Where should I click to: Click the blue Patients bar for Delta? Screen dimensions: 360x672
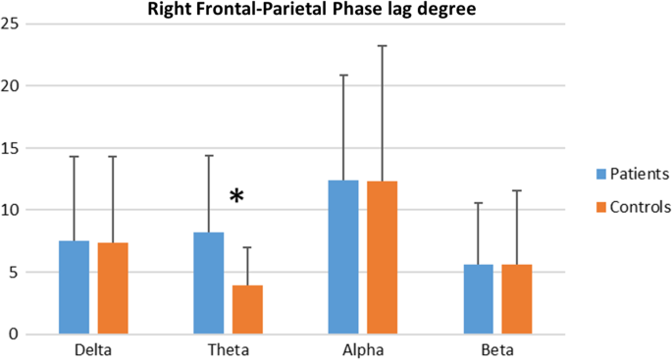(x=74, y=287)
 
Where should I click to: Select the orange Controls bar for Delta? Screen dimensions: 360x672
(x=113, y=288)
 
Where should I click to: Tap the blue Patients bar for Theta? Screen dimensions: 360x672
(x=209, y=283)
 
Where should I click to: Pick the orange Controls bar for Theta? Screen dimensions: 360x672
(x=247, y=310)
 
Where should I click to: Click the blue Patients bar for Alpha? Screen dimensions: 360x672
(x=343, y=257)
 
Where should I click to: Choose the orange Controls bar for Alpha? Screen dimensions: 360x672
(x=383, y=258)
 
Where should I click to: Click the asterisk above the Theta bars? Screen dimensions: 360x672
(x=237, y=197)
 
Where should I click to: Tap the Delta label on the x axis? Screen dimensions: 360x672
(x=93, y=350)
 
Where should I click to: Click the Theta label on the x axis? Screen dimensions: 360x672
(x=229, y=350)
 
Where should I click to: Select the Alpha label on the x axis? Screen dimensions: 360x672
(x=363, y=350)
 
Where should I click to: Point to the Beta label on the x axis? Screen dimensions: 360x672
(x=497, y=350)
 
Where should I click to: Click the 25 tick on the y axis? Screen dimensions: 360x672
(x=12, y=24)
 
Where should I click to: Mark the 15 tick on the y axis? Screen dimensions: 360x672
(x=12, y=148)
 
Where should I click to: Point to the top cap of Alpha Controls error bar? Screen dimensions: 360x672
(x=383, y=45)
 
